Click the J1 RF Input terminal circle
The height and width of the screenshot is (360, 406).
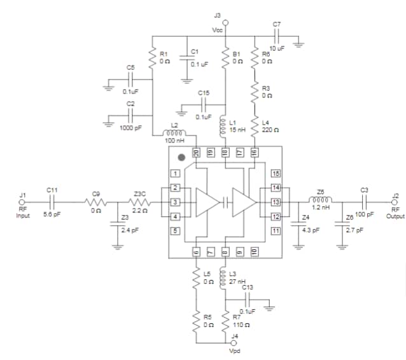click(23, 203)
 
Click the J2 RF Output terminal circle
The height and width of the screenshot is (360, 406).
click(395, 203)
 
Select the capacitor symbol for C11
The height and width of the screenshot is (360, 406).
click(53, 203)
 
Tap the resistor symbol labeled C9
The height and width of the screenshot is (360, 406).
click(96, 203)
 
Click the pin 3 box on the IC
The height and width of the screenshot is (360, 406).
click(174, 202)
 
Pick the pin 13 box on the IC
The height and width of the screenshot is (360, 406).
click(276, 202)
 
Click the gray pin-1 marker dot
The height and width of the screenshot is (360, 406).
click(181, 156)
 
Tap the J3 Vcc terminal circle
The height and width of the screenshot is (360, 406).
click(226, 22)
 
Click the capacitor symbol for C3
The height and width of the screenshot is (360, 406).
click(364, 203)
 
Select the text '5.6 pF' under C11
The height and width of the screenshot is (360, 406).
click(53, 215)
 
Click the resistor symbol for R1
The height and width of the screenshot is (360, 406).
click(153, 58)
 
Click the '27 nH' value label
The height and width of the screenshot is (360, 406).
click(237, 280)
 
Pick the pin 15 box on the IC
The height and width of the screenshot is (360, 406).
click(276, 174)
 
